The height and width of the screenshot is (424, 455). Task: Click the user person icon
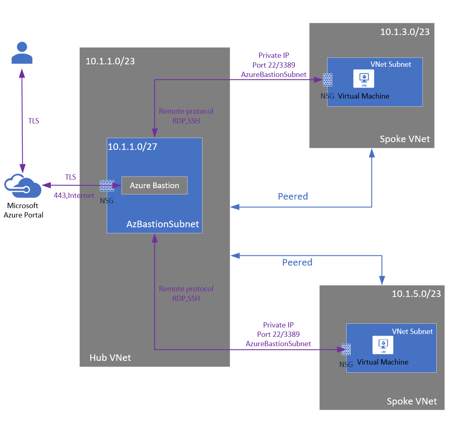click(x=22, y=53)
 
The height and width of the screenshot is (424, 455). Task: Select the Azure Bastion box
click(x=154, y=185)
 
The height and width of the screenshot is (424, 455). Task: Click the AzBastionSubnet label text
click(x=163, y=224)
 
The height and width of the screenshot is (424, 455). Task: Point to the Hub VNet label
click(x=110, y=358)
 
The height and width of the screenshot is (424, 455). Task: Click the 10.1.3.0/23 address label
click(x=404, y=32)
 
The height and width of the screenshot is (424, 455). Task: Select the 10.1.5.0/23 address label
click(x=416, y=294)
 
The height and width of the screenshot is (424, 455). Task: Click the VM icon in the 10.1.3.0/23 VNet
click(x=363, y=78)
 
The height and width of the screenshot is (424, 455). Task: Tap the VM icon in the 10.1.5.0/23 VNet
click(x=382, y=345)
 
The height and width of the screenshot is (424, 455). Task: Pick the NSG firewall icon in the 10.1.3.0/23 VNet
click(x=327, y=80)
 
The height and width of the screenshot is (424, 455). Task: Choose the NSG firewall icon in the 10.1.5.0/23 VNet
click(x=346, y=349)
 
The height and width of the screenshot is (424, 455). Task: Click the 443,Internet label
click(x=74, y=196)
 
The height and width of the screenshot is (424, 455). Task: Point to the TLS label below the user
click(x=33, y=121)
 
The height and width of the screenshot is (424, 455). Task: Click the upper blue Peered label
click(x=292, y=196)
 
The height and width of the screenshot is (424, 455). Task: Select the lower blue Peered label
click(x=297, y=262)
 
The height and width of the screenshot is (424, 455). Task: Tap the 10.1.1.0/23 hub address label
click(x=110, y=62)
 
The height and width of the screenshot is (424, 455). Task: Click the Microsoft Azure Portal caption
click(x=23, y=210)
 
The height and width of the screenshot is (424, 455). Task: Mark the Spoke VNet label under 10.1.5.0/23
click(x=411, y=401)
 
